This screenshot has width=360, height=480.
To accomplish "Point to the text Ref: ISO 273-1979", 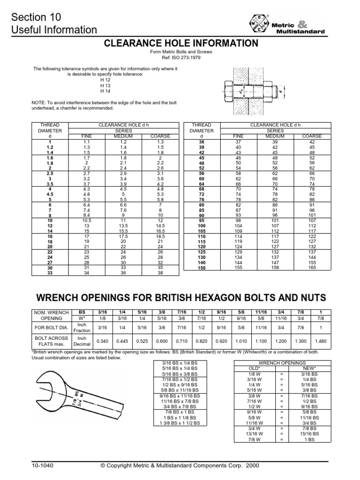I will pos(180,57).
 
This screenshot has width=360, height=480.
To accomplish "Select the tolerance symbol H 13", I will pos(105,86).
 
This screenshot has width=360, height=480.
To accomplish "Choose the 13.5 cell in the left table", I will pos(124,225).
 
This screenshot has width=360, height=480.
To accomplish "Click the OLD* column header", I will pos(253,368).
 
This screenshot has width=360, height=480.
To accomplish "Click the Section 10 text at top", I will pos(37,18).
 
